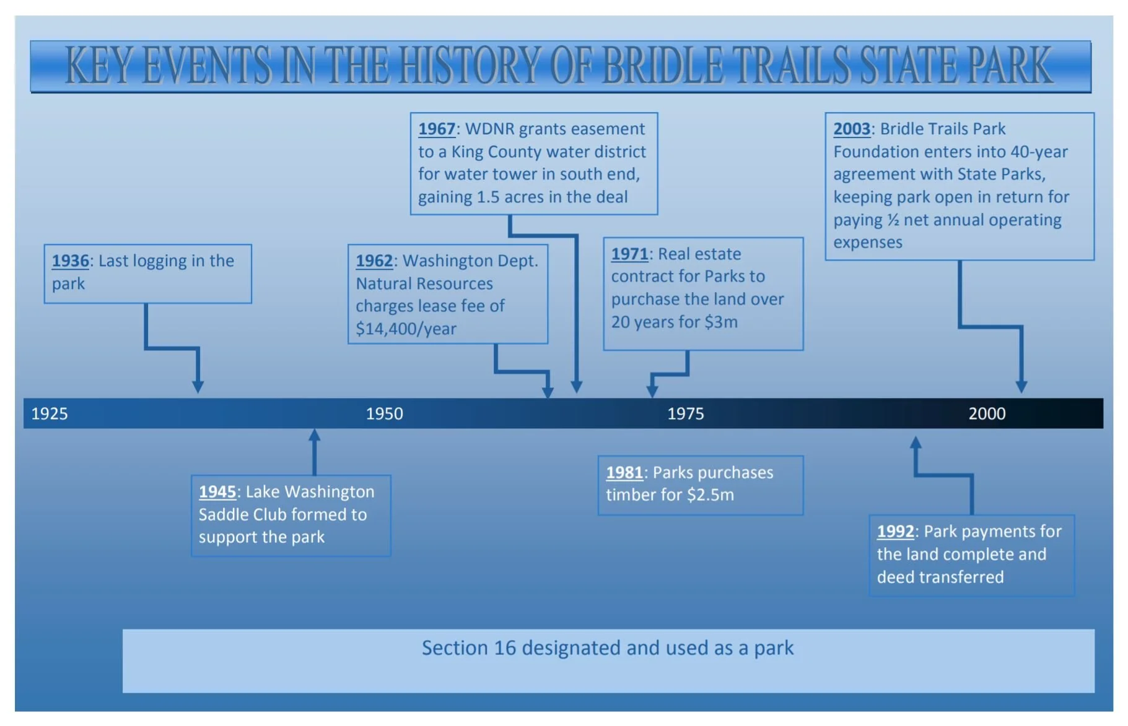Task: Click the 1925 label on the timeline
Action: [50, 413]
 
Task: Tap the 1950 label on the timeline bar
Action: [384, 413]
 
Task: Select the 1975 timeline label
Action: [685, 413]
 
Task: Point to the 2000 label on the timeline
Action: [987, 413]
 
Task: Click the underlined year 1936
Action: [70, 261]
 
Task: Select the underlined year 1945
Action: [217, 492]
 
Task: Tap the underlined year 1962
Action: [374, 261]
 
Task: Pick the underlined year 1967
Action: [437, 129]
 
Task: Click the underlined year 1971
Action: [629, 254]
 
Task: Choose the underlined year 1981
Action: [624, 473]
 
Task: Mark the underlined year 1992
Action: [895, 532]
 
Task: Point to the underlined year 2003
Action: [852, 129]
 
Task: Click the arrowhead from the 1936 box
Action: [198, 387]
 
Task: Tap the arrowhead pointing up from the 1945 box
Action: [315, 436]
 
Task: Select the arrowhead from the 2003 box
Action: [1021, 387]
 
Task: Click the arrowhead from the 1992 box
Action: [916, 443]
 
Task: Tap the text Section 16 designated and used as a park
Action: [607, 648]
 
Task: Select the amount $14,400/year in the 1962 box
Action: [406, 329]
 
